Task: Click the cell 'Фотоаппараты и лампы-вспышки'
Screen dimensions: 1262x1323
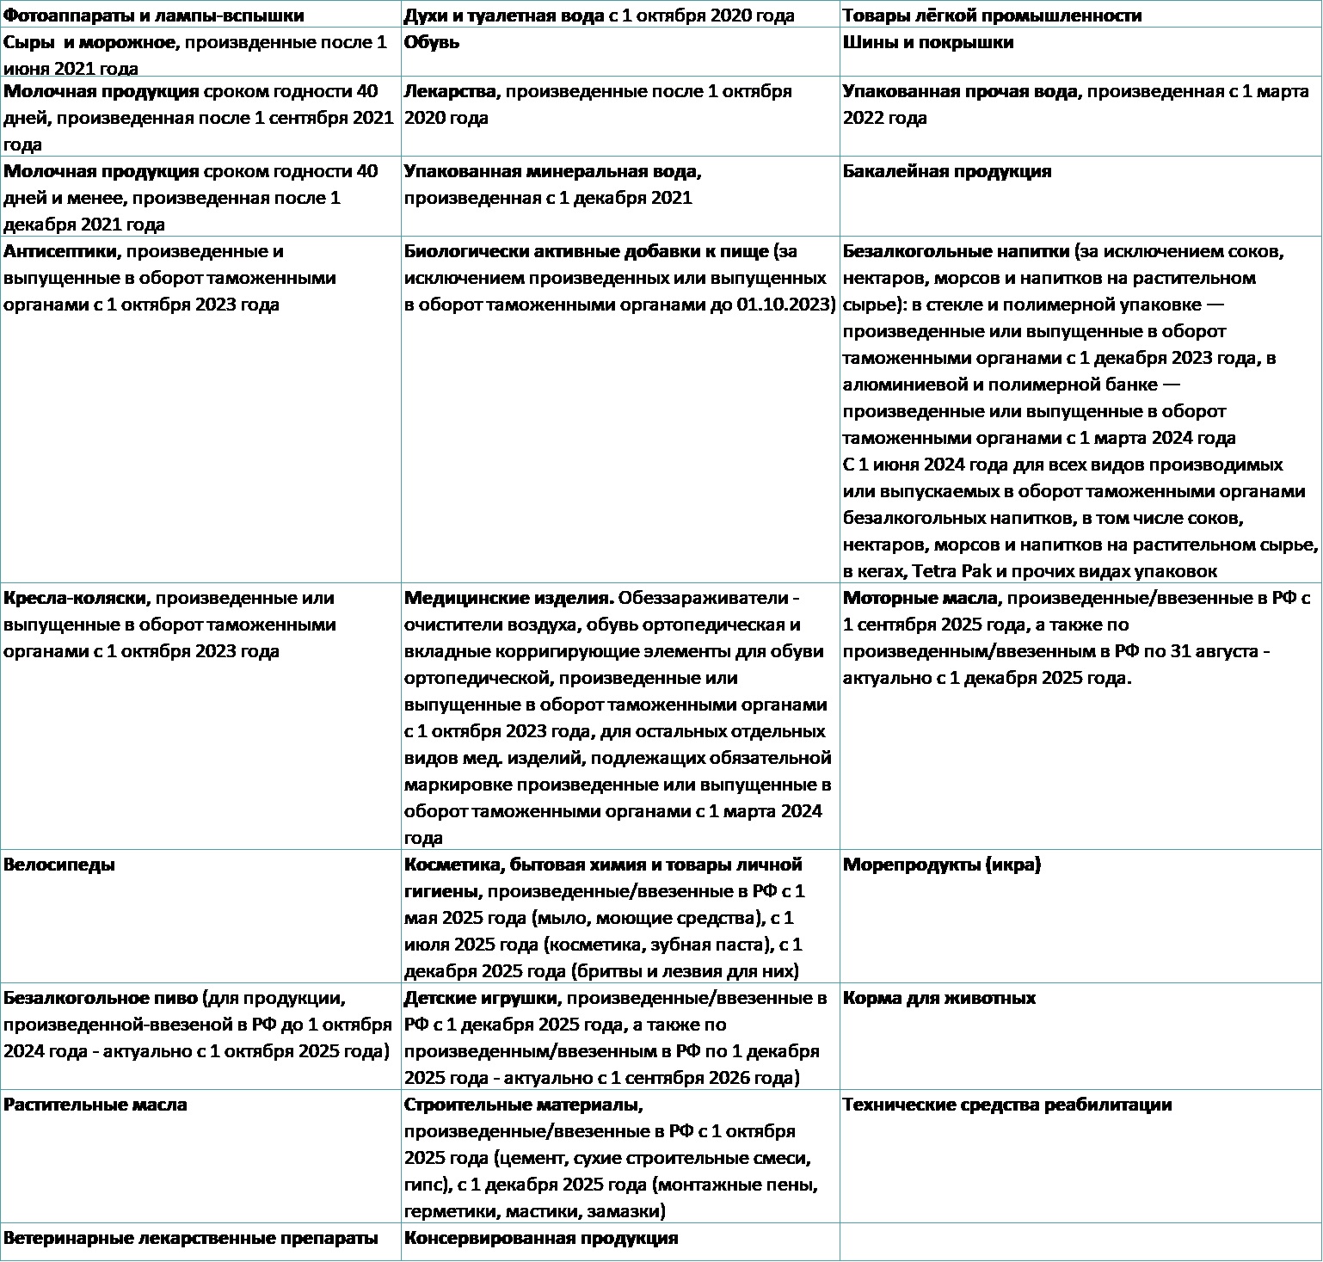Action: tap(153, 15)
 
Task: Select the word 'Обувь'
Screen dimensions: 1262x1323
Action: tap(432, 42)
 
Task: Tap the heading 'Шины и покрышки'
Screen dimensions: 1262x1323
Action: tap(928, 42)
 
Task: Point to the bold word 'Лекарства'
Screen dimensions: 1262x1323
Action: tap(450, 91)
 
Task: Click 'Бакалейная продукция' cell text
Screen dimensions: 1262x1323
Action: tap(947, 171)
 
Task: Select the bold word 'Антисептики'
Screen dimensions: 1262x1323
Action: tap(60, 251)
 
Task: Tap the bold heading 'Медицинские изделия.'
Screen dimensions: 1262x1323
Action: tap(508, 598)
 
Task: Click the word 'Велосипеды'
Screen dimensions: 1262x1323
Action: tap(59, 865)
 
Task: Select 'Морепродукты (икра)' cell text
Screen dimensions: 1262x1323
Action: tap(942, 865)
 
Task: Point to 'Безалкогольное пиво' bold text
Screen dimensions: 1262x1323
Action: tap(100, 998)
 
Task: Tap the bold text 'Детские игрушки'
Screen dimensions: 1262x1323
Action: tap(481, 998)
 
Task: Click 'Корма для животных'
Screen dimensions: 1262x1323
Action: tap(939, 998)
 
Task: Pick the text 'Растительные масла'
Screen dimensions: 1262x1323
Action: tap(95, 1105)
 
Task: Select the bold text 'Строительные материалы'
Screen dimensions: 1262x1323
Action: tap(522, 1105)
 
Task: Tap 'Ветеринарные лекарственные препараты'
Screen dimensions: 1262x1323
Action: tap(191, 1238)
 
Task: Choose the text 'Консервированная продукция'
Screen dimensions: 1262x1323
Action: tap(541, 1238)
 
